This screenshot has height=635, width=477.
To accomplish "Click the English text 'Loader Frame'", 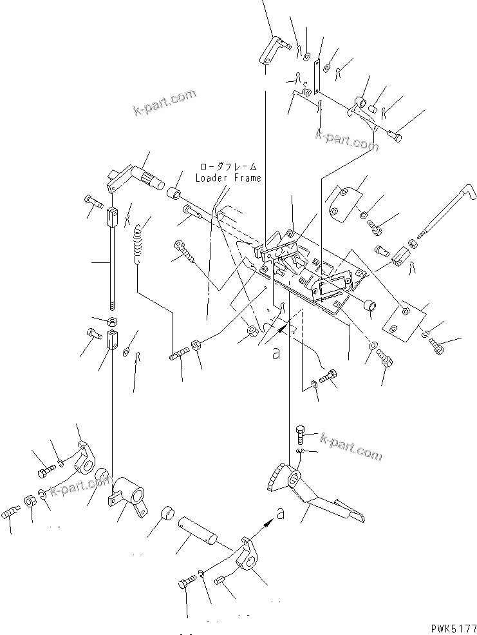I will click(229, 178).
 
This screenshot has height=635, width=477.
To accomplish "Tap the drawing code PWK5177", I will click(451, 626).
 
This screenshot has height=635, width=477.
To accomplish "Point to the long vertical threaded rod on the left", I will click(113, 264).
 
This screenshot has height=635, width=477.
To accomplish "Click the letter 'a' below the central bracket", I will click(276, 353).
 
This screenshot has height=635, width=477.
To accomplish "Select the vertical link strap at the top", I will click(316, 74).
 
